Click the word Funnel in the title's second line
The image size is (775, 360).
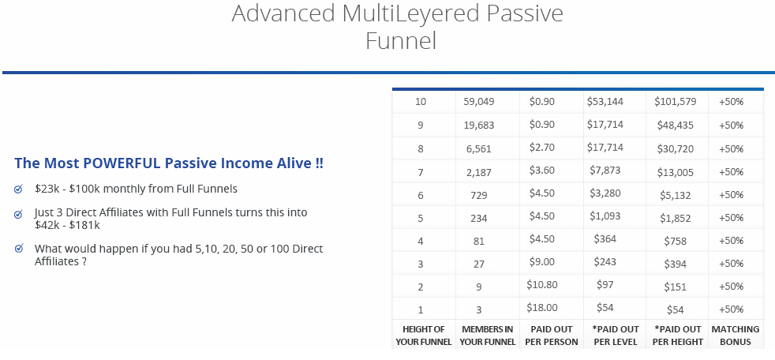(x=401, y=40)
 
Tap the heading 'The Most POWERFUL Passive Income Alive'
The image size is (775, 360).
(x=169, y=163)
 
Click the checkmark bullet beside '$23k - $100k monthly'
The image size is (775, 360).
(x=19, y=189)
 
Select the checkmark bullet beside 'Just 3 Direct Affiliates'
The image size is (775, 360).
(x=19, y=214)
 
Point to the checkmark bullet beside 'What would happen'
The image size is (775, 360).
(x=19, y=248)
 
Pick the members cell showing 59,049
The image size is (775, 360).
(x=479, y=103)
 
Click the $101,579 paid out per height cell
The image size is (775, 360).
(x=675, y=102)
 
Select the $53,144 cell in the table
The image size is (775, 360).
(x=605, y=102)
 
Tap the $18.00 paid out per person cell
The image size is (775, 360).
(x=541, y=308)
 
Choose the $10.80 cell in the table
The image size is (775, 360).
(x=541, y=285)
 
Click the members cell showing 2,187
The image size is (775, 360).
(x=479, y=171)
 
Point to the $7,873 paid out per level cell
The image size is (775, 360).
(x=605, y=171)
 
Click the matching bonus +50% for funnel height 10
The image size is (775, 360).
(x=731, y=103)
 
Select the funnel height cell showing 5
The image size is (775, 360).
(x=421, y=218)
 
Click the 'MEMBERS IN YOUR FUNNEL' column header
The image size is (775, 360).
(x=488, y=336)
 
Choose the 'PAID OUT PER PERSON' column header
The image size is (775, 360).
(x=551, y=336)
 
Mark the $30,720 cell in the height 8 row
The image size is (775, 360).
(x=675, y=149)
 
